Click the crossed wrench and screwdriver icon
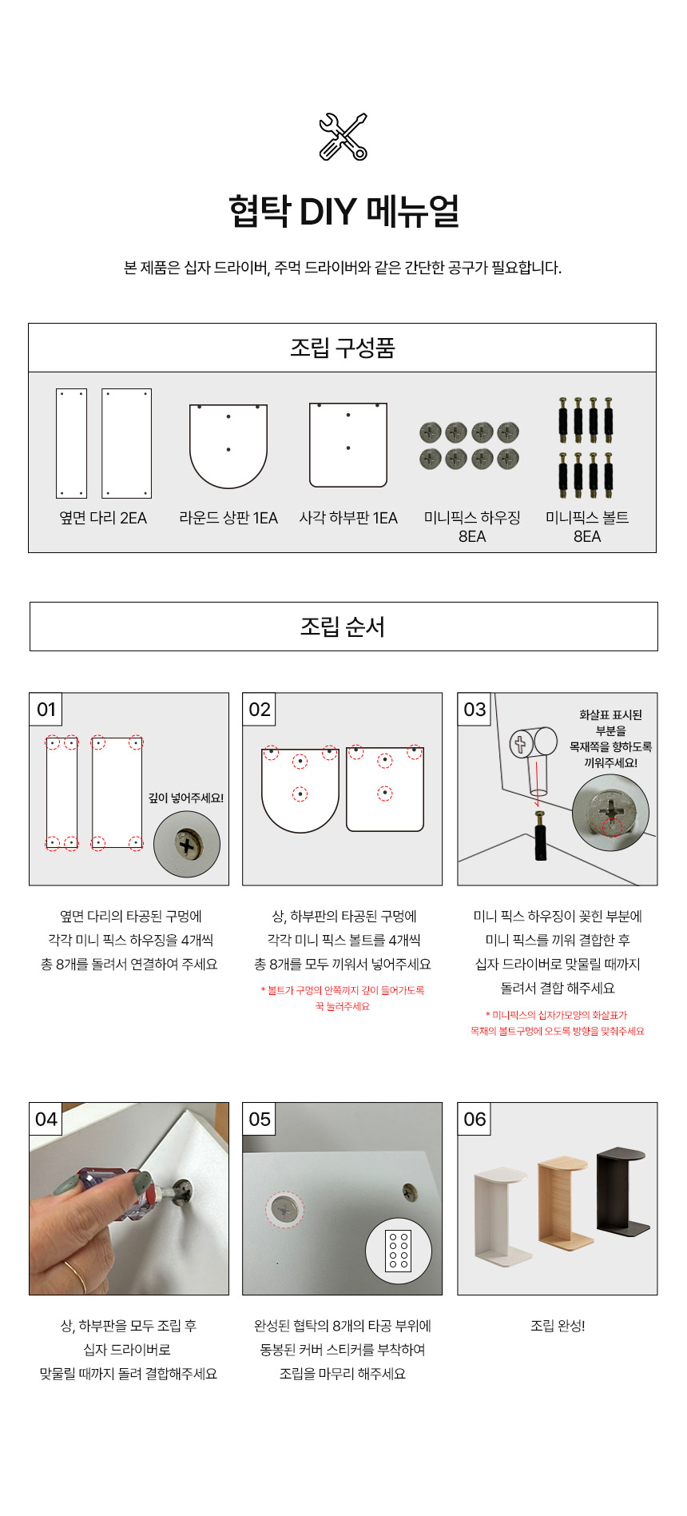pyautogui.click(x=343, y=137)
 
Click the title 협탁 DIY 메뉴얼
pyautogui.click(x=343, y=211)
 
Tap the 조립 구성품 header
pyautogui.click(x=343, y=348)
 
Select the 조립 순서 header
pyautogui.click(x=343, y=627)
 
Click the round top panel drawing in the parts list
pyautogui.click(x=228, y=446)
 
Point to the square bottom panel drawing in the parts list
pyautogui.click(x=348, y=445)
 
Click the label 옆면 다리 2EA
pyautogui.click(x=103, y=518)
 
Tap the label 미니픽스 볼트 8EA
pyautogui.click(x=587, y=527)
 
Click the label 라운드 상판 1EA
pyautogui.click(x=228, y=518)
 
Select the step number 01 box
pyautogui.click(x=46, y=710)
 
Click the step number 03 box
pyautogui.click(x=475, y=710)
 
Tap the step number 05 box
pyautogui.click(x=260, y=1119)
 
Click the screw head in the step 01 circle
pyautogui.click(x=187, y=846)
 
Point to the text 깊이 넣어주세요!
pyautogui.click(x=186, y=798)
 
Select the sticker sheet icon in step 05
pyautogui.click(x=399, y=1251)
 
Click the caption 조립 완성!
pyautogui.click(x=558, y=1326)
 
